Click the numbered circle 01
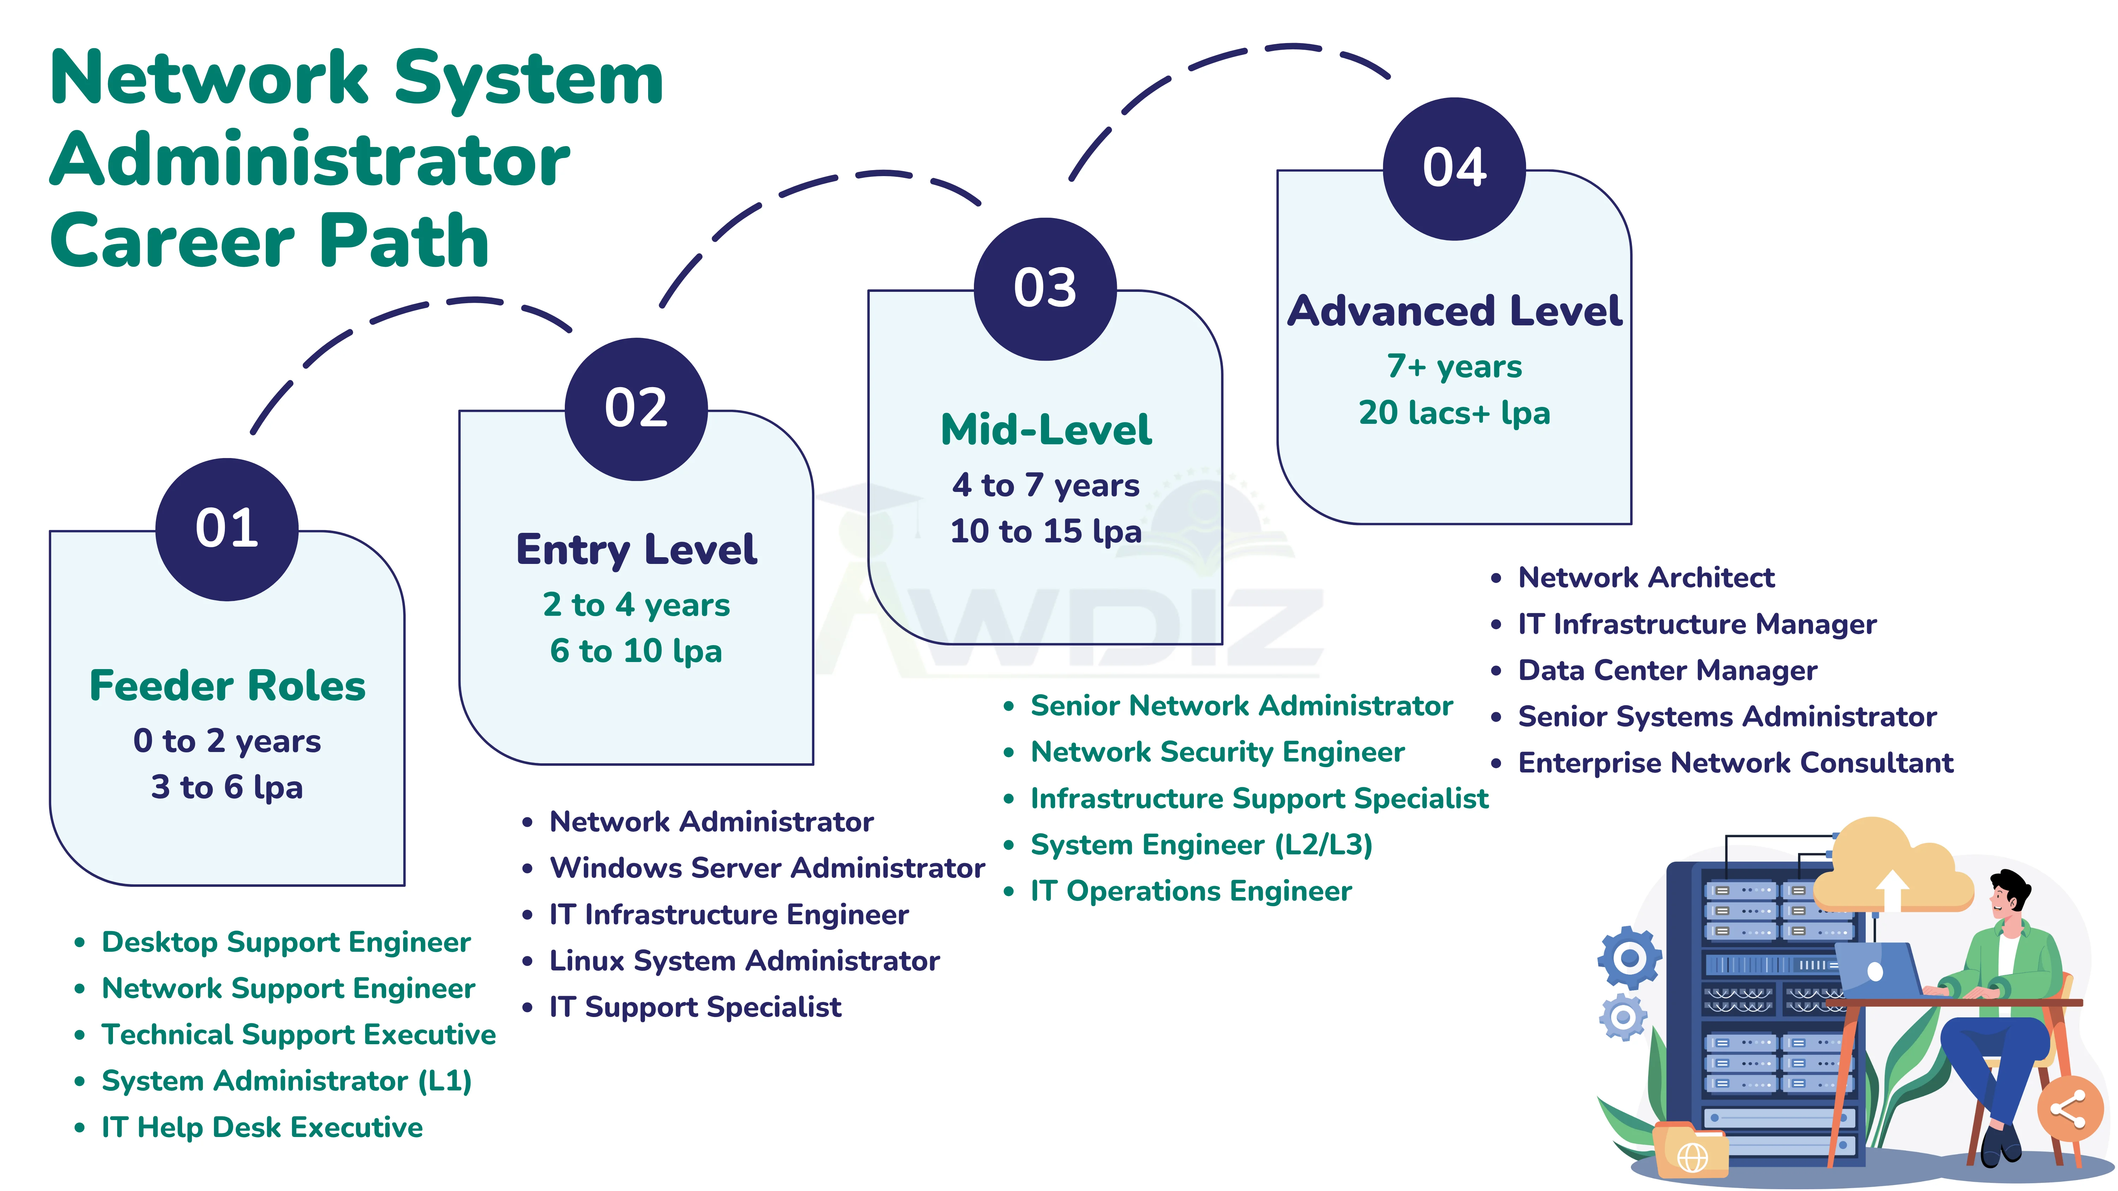coord(227,529)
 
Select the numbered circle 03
coord(1045,289)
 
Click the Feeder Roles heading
coord(227,686)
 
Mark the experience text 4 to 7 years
coord(1045,485)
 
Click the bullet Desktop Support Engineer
coord(285,942)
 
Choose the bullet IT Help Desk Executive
coord(262,1127)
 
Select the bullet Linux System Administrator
coord(744,961)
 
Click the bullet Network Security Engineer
coord(1217,752)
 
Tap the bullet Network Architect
coord(1646,578)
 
